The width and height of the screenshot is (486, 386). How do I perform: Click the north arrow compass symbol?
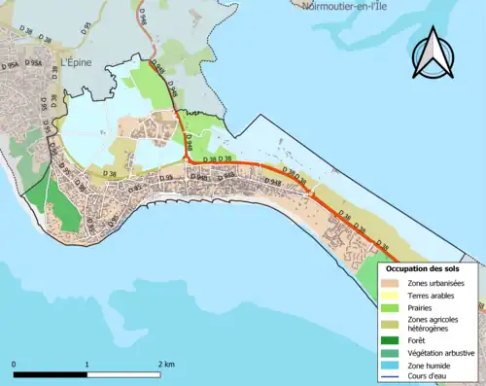coord(434,54)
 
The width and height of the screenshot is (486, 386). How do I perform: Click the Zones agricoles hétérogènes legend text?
coord(437,324)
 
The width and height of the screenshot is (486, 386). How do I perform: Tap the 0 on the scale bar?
coord(14,365)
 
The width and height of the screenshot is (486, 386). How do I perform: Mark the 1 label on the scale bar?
coord(87,365)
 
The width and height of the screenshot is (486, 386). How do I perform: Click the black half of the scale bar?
coord(51,374)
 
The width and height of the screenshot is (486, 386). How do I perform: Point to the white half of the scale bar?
coord(124,374)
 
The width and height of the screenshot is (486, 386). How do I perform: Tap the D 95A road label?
coord(37,66)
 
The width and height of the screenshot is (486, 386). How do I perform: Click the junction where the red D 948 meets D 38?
coord(186,160)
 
